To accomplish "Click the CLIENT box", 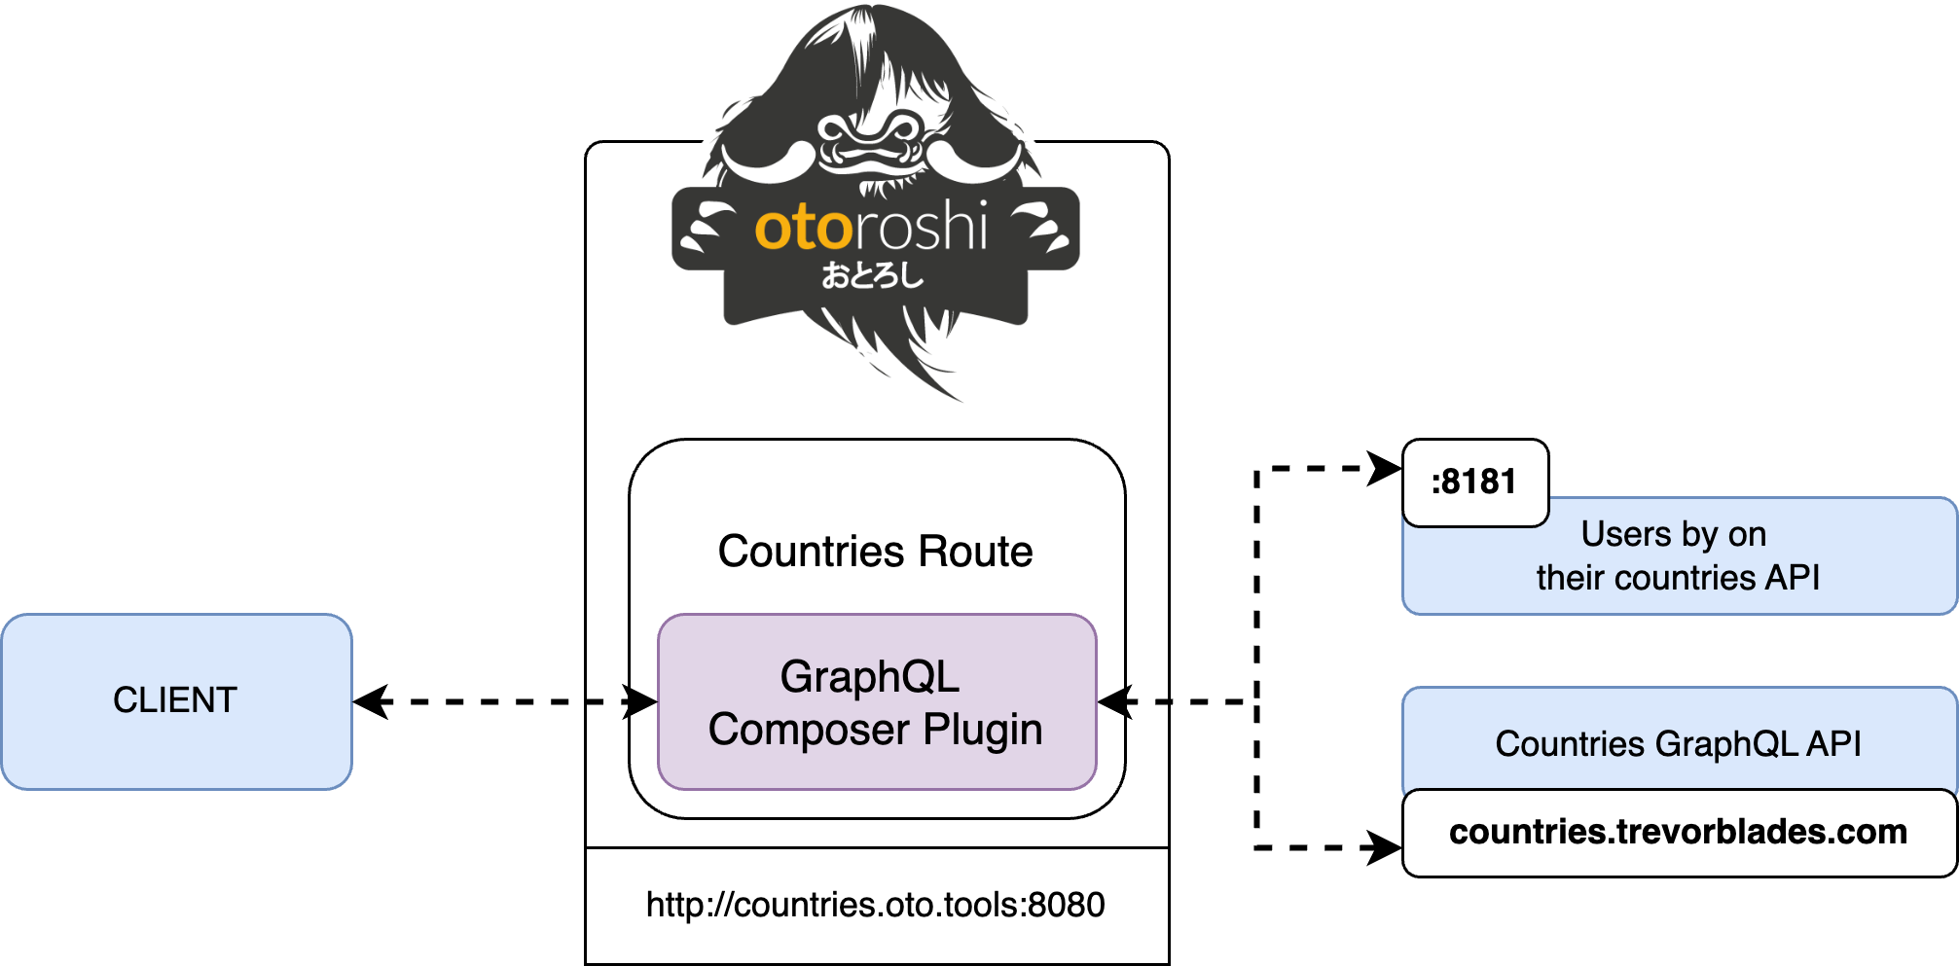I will point(176,700).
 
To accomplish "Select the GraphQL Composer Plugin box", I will point(876,702).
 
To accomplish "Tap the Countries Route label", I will point(875,552).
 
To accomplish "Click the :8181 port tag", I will point(1474,483).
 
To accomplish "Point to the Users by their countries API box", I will point(1678,556).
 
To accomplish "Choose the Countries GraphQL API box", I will point(1678,743).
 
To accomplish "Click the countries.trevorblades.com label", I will point(1678,833).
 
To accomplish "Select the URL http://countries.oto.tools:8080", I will point(875,905).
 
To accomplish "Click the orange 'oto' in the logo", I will point(804,229).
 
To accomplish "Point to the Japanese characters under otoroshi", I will point(872,276).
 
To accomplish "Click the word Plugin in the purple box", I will point(983,730).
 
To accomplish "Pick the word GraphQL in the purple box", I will point(869,677).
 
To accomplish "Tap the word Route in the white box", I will point(975,552).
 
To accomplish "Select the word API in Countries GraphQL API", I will point(1833,743).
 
